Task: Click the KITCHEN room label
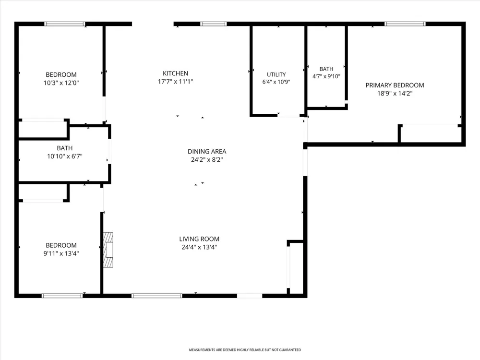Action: [175, 73]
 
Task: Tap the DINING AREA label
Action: [207, 152]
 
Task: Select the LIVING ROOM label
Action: [199, 239]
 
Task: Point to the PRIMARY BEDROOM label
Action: [395, 85]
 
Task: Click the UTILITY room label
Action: [276, 74]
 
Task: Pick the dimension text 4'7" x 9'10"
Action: [326, 76]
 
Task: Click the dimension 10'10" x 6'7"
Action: [65, 156]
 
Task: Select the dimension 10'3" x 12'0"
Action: [61, 83]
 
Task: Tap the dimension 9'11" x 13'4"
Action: [61, 253]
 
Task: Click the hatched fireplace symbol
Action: [108, 250]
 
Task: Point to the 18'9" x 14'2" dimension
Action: [395, 94]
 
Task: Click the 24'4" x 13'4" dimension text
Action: [199, 247]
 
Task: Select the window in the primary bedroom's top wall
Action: [405, 24]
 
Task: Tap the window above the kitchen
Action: [214, 24]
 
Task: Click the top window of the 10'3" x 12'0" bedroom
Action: [65, 24]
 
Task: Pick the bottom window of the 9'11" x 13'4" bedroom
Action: [62, 296]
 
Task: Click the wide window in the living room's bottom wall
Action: [157, 296]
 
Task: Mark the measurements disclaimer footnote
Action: [245, 349]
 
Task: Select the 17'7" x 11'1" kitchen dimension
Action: [175, 82]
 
